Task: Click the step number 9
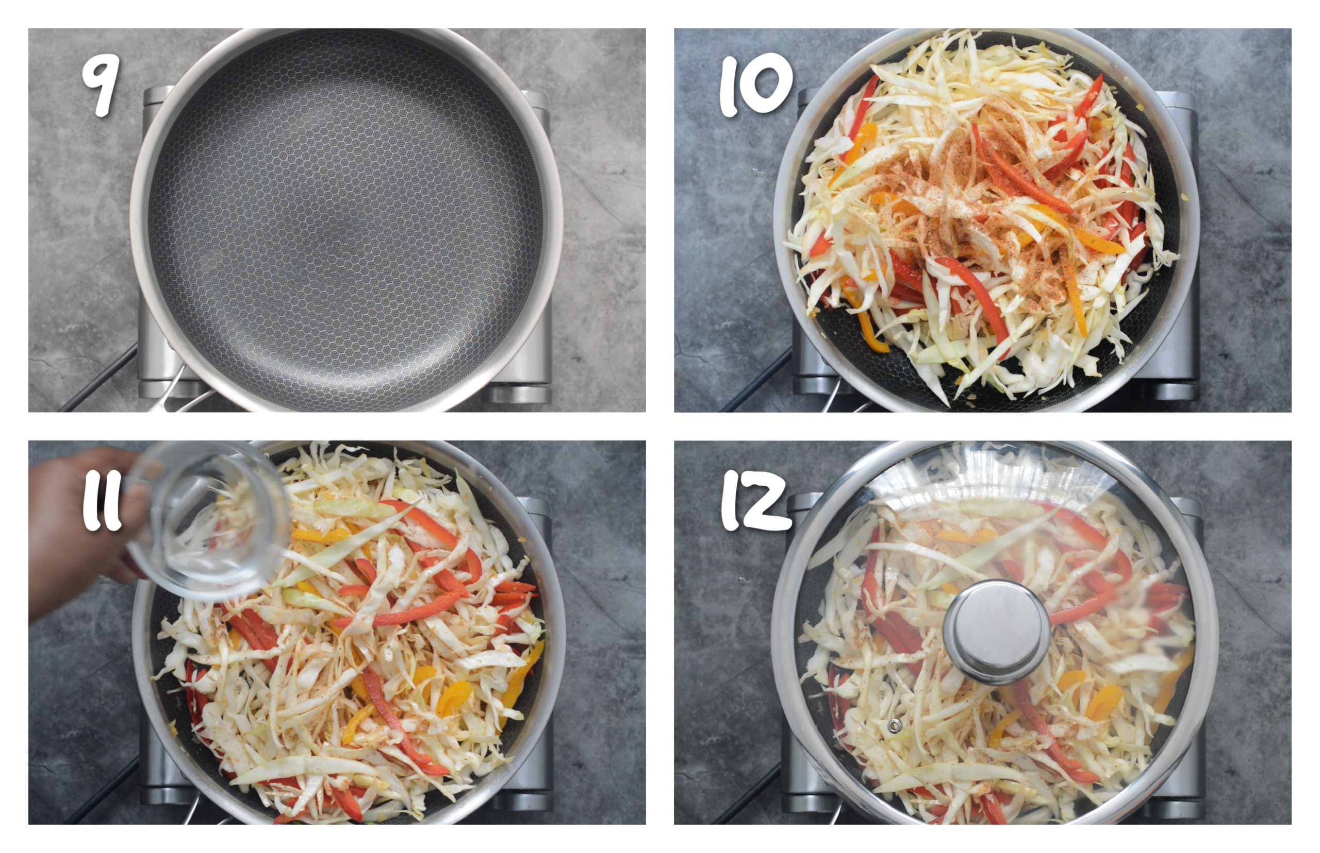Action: [x=101, y=87]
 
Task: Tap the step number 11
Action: [x=102, y=502]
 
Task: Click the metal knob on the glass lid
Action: [x=996, y=632]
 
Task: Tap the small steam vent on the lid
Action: [x=894, y=726]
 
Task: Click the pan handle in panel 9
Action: [x=172, y=393]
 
